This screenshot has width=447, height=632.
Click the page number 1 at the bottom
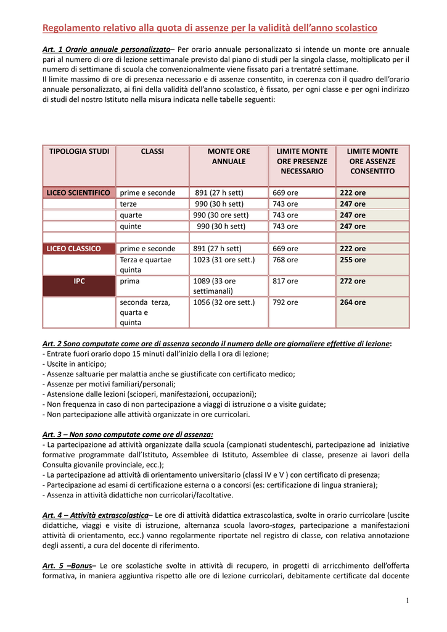coord(408,601)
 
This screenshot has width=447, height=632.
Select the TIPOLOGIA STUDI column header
coord(79,151)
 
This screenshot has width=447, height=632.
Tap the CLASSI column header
coord(152,151)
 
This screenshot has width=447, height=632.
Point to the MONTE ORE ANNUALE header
coord(229,156)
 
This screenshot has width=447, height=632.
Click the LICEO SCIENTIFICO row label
coord(79,193)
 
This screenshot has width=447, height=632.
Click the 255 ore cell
coord(353,260)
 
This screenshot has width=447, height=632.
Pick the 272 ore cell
coord(353,281)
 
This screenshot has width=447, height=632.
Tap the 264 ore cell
coord(353,302)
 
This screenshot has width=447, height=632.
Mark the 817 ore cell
coord(285,281)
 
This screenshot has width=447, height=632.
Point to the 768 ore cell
coord(285,260)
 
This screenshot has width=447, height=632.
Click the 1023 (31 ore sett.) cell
coord(224,260)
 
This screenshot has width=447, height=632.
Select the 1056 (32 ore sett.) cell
coord(224,302)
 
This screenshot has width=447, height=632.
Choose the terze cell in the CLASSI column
coord(129,204)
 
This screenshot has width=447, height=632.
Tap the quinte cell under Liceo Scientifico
coord(131,227)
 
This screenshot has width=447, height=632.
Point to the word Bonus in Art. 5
coord(81,565)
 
